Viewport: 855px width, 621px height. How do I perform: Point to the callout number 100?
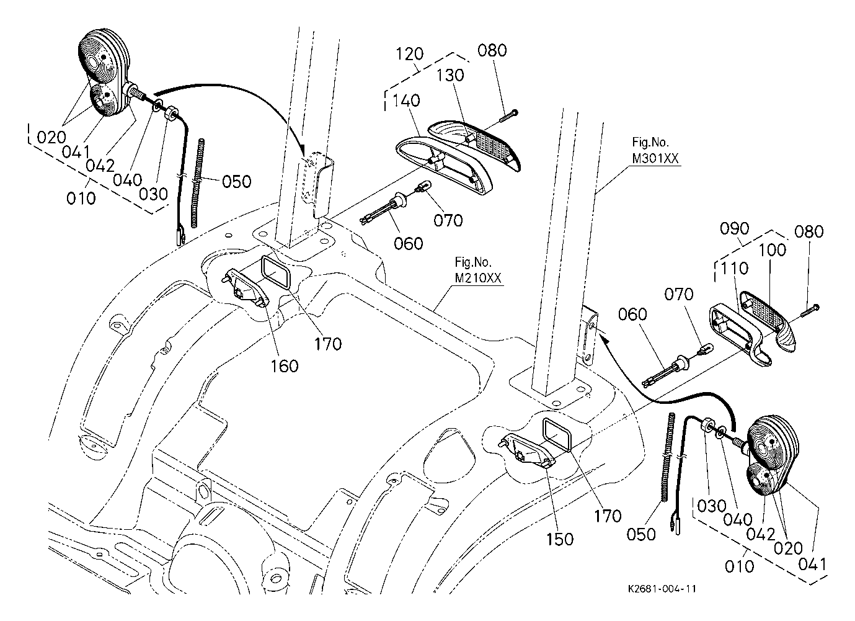[x=771, y=250]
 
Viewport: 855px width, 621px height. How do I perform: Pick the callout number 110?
[x=735, y=268]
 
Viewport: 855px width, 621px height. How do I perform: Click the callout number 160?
[x=285, y=365]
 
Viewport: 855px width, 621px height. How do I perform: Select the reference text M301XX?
[x=655, y=159]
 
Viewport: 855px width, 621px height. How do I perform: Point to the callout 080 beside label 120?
[x=492, y=50]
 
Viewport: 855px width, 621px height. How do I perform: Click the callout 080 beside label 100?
[x=809, y=231]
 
